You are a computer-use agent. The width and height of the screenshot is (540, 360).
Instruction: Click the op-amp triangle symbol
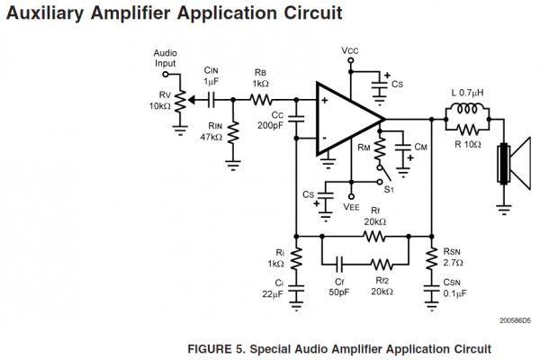(x=347, y=119)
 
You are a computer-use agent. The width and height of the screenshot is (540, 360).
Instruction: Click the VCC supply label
(x=352, y=49)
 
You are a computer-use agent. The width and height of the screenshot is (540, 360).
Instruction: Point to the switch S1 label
(x=389, y=189)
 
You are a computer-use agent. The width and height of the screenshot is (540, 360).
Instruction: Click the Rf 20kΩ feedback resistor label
(x=374, y=216)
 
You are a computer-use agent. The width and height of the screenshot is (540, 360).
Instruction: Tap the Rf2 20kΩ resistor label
(x=382, y=285)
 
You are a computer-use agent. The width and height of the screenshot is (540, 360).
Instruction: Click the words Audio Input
(x=166, y=58)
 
